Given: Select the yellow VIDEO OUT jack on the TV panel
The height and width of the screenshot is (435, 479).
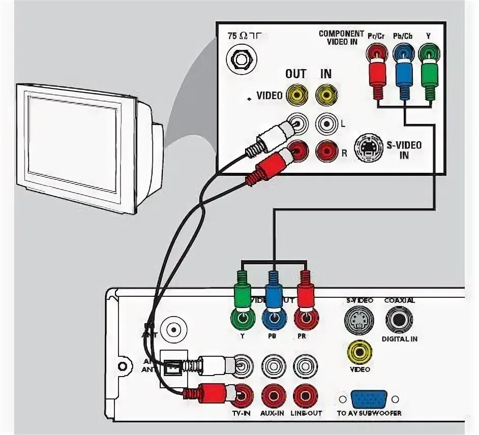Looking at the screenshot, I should click(x=297, y=95).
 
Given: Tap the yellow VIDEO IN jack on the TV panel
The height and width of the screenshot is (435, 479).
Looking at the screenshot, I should click(x=326, y=95).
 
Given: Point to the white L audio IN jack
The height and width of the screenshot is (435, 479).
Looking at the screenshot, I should click(x=326, y=123).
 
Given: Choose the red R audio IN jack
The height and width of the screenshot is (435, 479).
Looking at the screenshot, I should click(x=326, y=150).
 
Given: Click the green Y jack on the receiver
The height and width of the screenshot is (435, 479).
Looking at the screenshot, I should click(x=243, y=320).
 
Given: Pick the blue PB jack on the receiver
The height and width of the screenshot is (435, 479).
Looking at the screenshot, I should click(x=274, y=320).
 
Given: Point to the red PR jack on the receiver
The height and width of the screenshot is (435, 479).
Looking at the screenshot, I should click(x=305, y=320).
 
